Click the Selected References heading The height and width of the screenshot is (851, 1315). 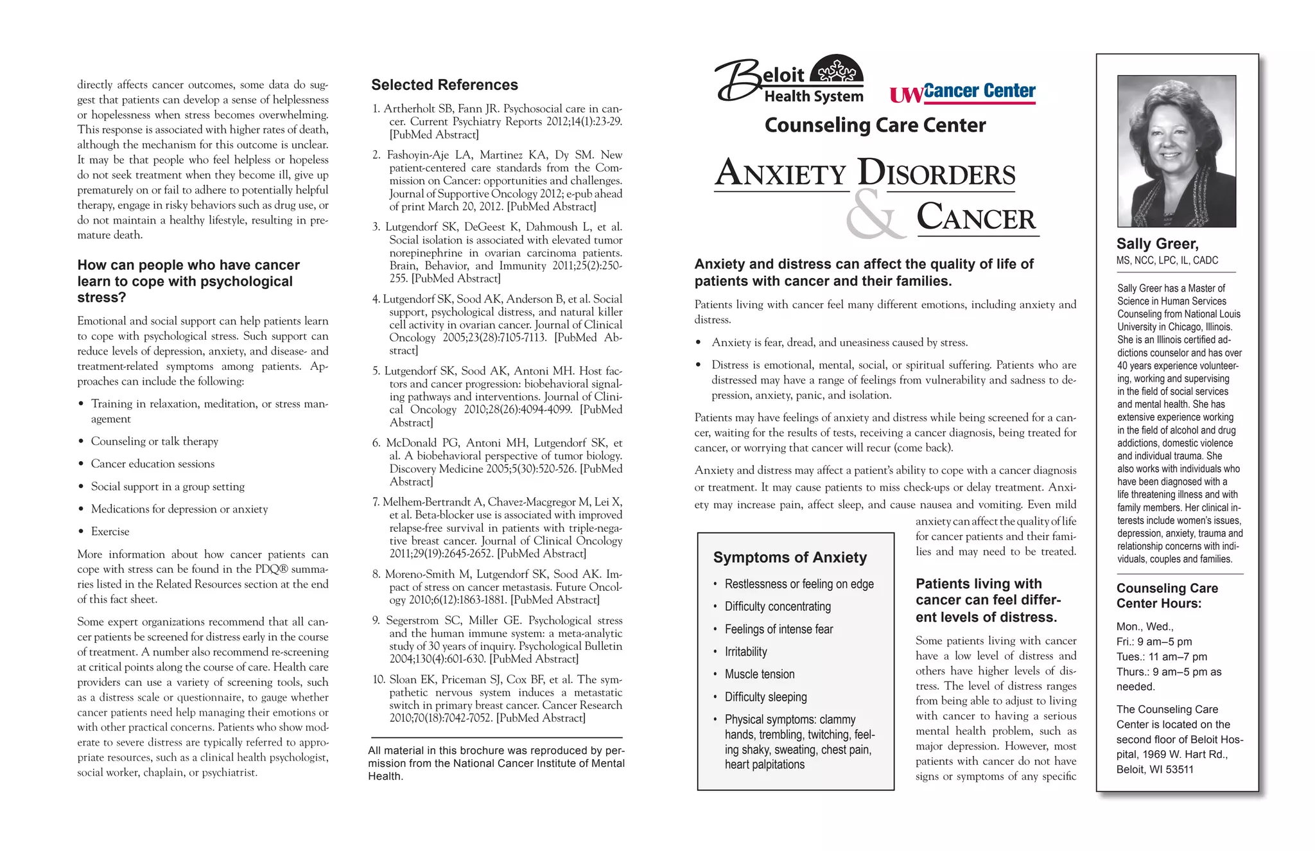pyautogui.click(x=444, y=85)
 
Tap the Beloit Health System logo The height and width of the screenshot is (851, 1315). pyautogui.click(x=790, y=80)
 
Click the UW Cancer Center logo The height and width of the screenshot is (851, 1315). pyautogui.click(x=962, y=92)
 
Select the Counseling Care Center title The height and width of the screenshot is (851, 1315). pyautogui.click(x=875, y=125)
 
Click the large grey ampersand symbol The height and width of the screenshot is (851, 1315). pyautogui.click(x=875, y=215)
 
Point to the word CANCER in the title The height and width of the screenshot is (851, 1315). pyautogui.click(x=976, y=217)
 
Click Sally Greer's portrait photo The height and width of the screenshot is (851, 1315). pyautogui.click(x=1176, y=151)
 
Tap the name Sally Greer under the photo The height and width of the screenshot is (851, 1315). pyautogui.click(x=1157, y=244)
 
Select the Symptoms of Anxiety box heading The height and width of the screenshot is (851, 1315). pyautogui.click(x=790, y=557)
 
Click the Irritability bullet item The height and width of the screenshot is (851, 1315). pyautogui.click(x=745, y=652)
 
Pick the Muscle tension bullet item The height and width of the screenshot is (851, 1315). pyautogui.click(x=759, y=674)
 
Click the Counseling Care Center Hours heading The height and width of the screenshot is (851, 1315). pyautogui.click(x=1167, y=595)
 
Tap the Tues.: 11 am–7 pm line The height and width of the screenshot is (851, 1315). pyautogui.click(x=1162, y=656)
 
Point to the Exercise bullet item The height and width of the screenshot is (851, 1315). pyautogui.click(x=110, y=532)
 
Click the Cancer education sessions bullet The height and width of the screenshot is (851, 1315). pyautogui.click(x=153, y=464)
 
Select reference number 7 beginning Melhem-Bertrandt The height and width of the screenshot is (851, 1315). pyautogui.click(x=498, y=527)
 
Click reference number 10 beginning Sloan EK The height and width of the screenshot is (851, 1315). pyautogui.click(x=498, y=698)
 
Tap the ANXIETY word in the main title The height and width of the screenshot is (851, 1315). pyautogui.click(x=781, y=173)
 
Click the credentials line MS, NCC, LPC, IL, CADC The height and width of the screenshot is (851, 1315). pyautogui.click(x=1167, y=261)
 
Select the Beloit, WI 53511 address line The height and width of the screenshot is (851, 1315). pyautogui.click(x=1154, y=769)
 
